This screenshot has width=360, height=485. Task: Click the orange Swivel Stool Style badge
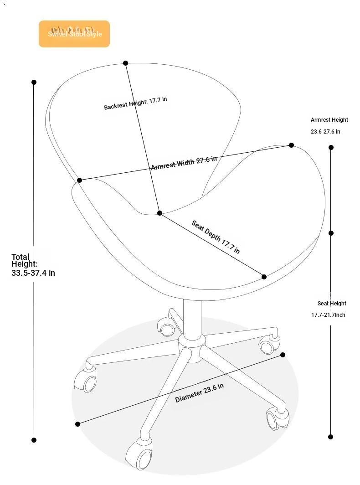tap(74, 34)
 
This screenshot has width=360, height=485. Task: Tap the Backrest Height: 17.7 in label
tap(135, 103)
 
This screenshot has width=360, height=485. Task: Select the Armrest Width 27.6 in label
tap(184, 163)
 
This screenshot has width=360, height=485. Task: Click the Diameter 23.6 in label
tap(200, 392)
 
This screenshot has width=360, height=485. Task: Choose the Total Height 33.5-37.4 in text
tap(33, 265)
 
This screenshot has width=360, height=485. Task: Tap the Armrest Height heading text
tap(329, 120)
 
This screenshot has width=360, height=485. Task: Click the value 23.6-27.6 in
tap(325, 132)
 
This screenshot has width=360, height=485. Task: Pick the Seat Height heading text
tap(332, 304)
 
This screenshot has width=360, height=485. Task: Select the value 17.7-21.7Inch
tap(328, 315)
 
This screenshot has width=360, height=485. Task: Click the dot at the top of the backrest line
tap(125, 63)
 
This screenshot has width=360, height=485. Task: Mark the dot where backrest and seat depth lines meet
tap(159, 213)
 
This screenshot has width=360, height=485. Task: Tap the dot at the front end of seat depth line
tap(264, 277)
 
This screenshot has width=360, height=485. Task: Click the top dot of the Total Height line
tap(34, 82)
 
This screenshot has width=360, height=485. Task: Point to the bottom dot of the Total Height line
tap(34, 440)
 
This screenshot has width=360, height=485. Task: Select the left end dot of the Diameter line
tap(77, 424)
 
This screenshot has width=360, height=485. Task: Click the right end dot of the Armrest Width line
tap(291, 145)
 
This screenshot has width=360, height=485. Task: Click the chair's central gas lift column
tap(192, 317)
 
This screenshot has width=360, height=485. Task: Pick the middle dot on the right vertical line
tap(331, 233)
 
